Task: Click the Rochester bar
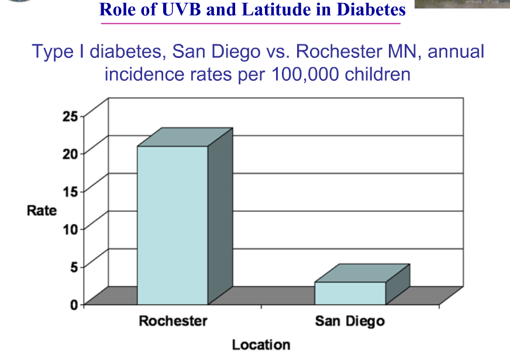173,225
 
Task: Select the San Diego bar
350,293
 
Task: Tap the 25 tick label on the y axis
70,116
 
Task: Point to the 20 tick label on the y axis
70,153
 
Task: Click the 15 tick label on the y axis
70,191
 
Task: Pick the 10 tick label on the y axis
70,229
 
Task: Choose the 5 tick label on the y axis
74,266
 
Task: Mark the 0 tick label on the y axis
74,304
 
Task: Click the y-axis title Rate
42,210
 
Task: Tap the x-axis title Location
261,345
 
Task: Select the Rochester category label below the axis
173,321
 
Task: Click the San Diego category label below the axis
350,321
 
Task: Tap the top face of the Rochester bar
185,137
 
